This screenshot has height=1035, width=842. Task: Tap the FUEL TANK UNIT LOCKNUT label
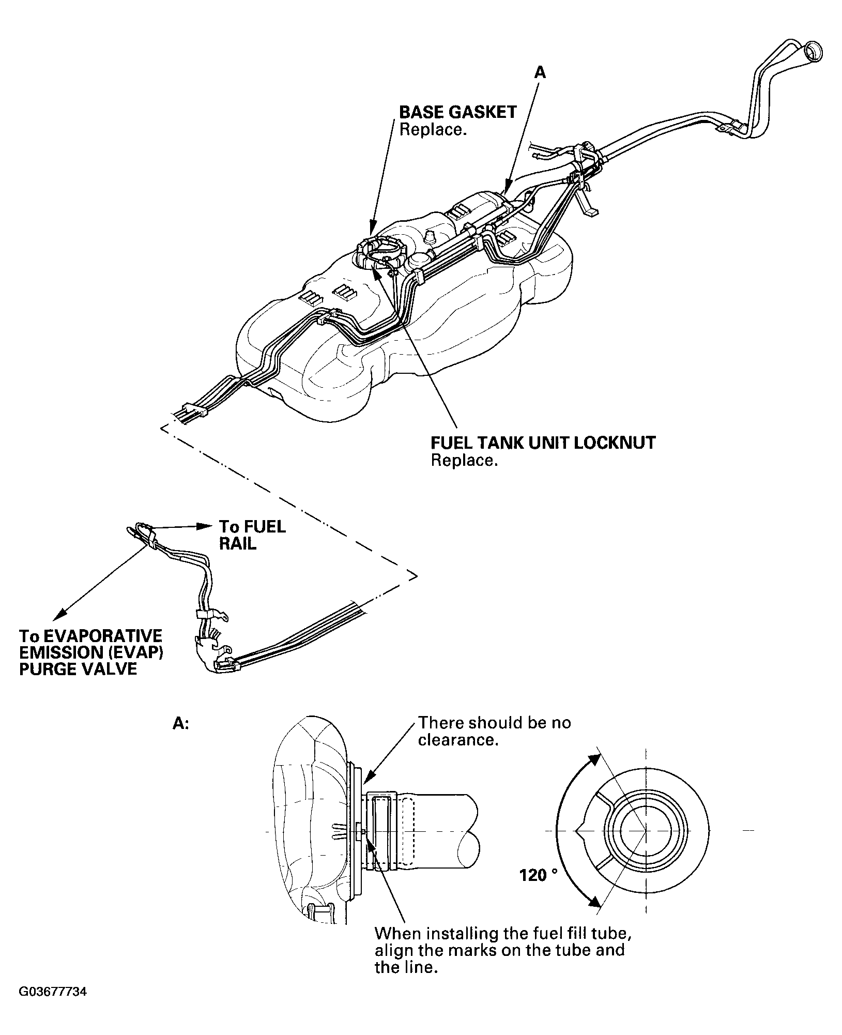(543, 443)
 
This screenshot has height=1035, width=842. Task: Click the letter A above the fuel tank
(540, 73)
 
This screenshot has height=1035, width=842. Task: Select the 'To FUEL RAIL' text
(252, 535)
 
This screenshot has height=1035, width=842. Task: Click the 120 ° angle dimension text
(539, 875)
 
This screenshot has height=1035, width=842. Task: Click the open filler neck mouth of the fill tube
(814, 52)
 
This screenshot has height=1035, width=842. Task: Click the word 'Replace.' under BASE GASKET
(433, 129)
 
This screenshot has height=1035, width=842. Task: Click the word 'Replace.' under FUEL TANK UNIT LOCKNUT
(464, 461)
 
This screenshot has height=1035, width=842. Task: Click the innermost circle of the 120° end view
(646, 831)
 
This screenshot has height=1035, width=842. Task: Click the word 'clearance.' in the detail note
(458, 740)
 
